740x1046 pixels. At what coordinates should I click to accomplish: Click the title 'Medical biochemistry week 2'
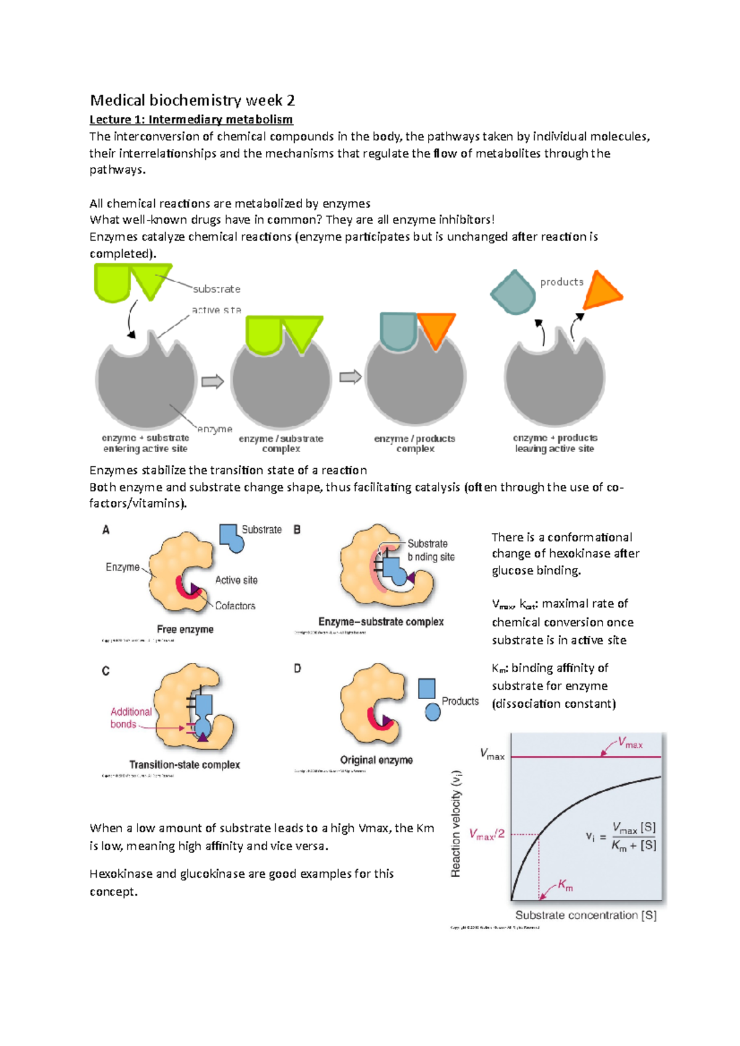[x=192, y=100]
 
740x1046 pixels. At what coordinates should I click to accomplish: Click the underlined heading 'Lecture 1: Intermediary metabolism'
[x=191, y=120]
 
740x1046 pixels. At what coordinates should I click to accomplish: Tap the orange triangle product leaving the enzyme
[x=601, y=291]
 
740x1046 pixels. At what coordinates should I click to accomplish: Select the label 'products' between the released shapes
[x=561, y=282]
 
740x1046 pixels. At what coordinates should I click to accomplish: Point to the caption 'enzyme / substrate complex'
[x=281, y=444]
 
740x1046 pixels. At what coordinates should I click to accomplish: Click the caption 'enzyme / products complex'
[x=414, y=444]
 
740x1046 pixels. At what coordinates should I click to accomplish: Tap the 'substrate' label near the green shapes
[x=216, y=289]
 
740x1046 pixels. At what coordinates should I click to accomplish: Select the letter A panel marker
[x=106, y=530]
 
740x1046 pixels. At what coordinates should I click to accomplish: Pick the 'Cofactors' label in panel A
[x=235, y=606]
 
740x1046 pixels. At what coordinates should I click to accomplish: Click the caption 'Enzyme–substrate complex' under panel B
[x=380, y=622]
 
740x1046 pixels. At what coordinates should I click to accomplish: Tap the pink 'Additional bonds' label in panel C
[x=131, y=718]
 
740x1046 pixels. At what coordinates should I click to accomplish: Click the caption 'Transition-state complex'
[x=184, y=764]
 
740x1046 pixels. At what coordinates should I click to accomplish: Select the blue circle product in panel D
[x=433, y=713]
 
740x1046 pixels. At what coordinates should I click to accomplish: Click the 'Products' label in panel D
[x=460, y=701]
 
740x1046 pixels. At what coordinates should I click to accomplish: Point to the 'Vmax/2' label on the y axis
[x=487, y=835]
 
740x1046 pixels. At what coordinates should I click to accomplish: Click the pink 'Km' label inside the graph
[x=565, y=885]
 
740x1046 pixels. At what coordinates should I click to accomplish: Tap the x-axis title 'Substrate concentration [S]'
[x=586, y=915]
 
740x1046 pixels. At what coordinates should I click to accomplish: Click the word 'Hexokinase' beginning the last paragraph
[x=120, y=874]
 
